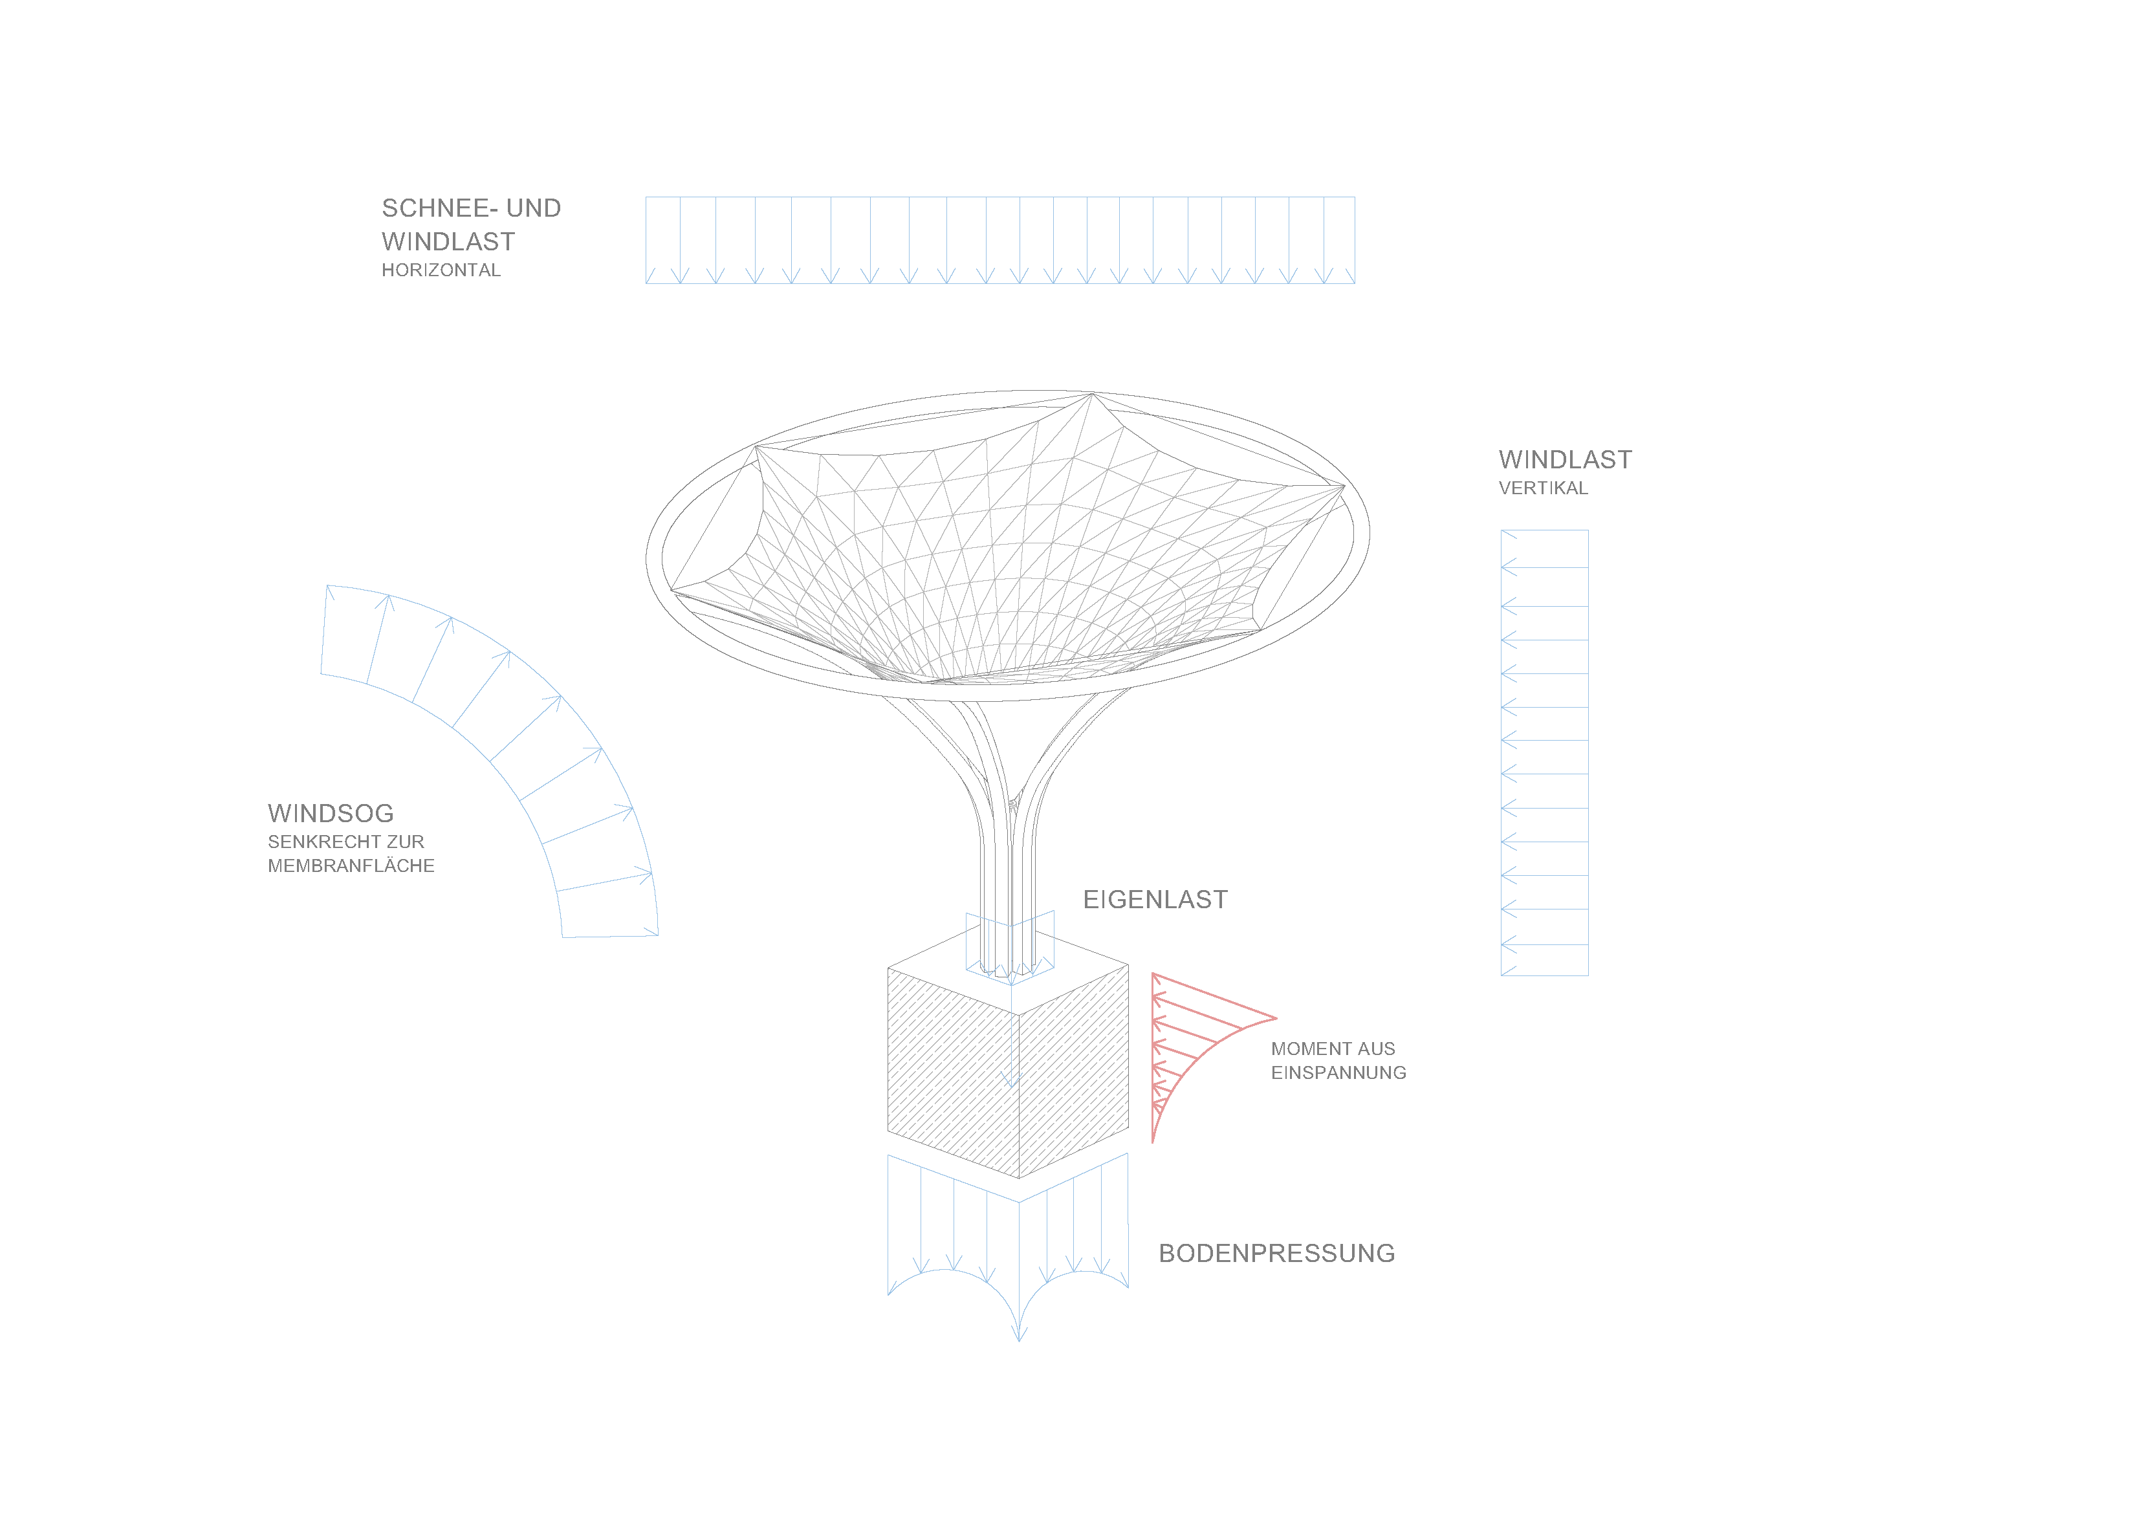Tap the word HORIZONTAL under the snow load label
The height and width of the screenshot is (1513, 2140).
tap(441, 270)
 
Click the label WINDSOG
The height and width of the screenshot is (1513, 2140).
tap(331, 813)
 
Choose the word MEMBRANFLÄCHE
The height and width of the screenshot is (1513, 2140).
tap(351, 866)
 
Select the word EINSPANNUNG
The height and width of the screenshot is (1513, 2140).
tap(1338, 1073)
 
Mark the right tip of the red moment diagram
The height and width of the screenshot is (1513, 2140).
tap(1276, 1018)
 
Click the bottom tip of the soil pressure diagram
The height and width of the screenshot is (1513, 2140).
tap(1019, 1340)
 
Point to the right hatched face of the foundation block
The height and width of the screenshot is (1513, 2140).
tap(1074, 1071)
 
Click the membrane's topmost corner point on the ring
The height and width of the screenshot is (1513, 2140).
tap(1091, 395)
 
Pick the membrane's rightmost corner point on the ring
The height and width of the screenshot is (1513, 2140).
tap(1344, 486)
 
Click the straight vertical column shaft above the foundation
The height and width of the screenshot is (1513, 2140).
tap(1007, 895)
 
